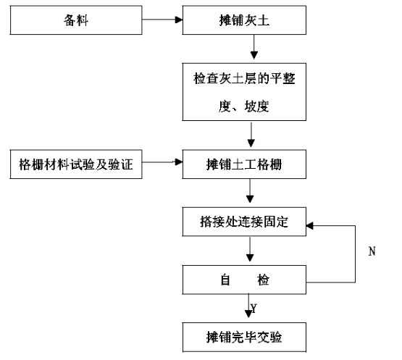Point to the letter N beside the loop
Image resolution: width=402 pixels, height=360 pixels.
[x=372, y=251]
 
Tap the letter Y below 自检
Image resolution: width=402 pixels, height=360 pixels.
[x=254, y=309]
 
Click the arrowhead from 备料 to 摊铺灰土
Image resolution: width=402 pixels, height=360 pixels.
[x=179, y=20]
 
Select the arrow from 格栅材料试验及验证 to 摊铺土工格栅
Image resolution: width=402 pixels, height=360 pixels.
[x=162, y=162]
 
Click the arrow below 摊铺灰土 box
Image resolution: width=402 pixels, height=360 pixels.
[x=254, y=47]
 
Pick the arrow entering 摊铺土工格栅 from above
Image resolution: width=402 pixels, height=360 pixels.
[x=251, y=134]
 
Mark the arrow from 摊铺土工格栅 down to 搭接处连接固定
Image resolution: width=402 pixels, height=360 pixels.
[x=250, y=191]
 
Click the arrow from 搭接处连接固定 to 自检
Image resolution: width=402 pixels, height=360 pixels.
[x=250, y=249]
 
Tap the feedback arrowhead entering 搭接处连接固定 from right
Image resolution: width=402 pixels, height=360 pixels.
[x=310, y=226]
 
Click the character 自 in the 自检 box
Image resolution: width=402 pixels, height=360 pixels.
[x=225, y=280]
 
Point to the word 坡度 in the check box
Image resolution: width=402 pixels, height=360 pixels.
[x=256, y=106]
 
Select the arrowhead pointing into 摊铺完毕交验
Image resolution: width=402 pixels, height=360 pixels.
[x=248, y=314]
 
